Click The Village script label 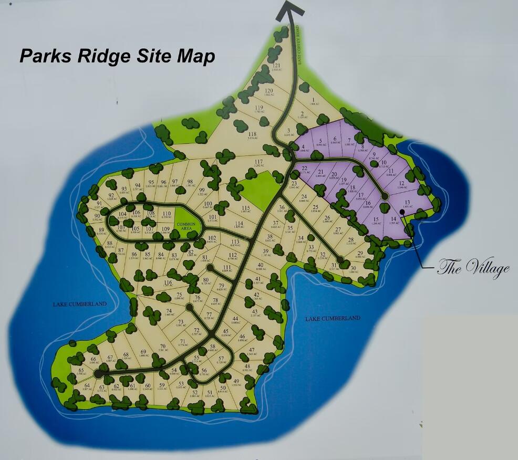(x=473, y=268)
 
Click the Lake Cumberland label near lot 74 (x=79, y=304)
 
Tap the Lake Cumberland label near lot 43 (x=333, y=318)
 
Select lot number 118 (x=252, y=134)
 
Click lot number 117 (x=258, y=161)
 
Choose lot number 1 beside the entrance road (x=313, y=100)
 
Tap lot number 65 (x=81, y=370)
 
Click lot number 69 (x=143, y=352)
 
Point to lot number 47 (x=252, y=350)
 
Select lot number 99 (x=201, y=190)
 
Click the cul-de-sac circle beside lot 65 (x=98, y=373)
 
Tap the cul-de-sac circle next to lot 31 (x=340, y=259)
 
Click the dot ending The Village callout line (x=402, y=212)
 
